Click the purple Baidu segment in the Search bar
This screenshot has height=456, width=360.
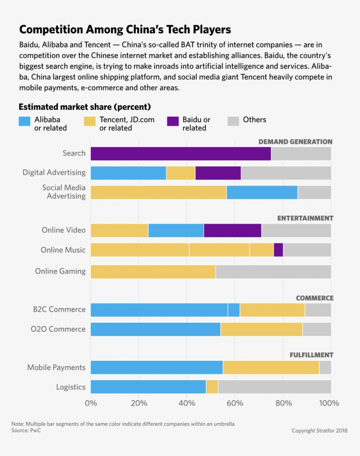[x=180, y=154]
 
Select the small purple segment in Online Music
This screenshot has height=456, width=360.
[x=278, y=250]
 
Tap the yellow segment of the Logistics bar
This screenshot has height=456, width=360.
[x=212, y=387]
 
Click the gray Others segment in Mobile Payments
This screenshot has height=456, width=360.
[x=325, y=367]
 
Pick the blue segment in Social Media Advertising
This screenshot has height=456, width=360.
[x=262, y=192]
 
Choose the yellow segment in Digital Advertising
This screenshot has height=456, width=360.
[x=180, y=173]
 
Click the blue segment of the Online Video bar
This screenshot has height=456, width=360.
[x=176, y=230]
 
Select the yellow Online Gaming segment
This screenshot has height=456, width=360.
[x=153, y=271]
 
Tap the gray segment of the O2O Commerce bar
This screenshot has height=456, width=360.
[x=317, y=329]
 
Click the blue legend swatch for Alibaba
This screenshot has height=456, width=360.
[x=25, y=122]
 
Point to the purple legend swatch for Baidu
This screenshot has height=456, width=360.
[x=173, y=122]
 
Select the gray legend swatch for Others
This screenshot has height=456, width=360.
[x=233, y=122]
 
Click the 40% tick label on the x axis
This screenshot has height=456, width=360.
[x=187, y=403]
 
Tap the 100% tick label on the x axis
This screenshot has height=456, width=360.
[x=329, y=403]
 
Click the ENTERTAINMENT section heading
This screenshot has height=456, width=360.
[x=305, y=218]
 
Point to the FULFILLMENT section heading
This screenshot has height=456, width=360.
[x=311, y=355]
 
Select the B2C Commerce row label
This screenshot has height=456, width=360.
[x=59, y=309]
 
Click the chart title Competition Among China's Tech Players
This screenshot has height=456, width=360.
[x=125, y=29]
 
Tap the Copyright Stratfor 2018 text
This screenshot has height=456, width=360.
[x=320, y=431]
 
